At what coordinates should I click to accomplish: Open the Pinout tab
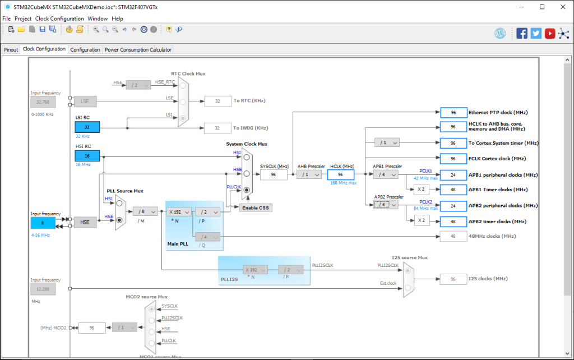[x=11, y=49]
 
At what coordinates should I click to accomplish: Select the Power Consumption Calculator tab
[x=138, y=49]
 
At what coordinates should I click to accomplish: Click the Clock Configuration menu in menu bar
[x=59, y=19]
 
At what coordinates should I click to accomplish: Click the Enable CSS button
[x=256, y=207]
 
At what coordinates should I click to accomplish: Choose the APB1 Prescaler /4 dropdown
[x=386, y=174]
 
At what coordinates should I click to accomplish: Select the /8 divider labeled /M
[x=145, y=211]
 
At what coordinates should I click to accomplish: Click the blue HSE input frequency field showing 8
[x=43, y=223]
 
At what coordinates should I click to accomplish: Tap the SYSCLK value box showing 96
[x=274, y=174]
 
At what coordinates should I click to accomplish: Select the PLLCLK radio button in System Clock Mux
[x=246, y=191]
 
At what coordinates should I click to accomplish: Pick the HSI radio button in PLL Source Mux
[x=119, y=205]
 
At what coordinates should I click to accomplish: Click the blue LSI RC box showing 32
[x=87, y=127]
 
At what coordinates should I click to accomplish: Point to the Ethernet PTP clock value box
[x=453, y=112]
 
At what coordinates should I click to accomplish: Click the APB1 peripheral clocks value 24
[x=453, y=174]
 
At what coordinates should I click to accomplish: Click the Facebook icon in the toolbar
[x=522, y=33]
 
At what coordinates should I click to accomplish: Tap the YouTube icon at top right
[x=550, y=33]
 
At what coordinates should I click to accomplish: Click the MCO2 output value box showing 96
[x=92, y=327]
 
